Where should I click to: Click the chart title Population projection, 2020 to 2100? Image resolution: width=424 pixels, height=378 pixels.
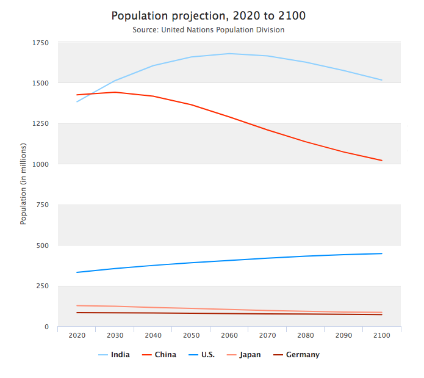209,15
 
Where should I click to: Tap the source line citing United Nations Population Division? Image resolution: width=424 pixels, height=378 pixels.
209,29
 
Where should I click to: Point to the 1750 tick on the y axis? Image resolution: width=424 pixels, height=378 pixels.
41,42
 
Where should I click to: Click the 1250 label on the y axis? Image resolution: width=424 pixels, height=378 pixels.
41,123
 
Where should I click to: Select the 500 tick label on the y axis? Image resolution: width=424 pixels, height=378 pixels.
43,245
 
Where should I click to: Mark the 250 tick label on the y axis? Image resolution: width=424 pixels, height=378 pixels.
43,286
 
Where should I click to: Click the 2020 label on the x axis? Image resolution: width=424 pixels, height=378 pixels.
77,336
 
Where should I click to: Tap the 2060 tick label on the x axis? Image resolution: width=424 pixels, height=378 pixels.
229,336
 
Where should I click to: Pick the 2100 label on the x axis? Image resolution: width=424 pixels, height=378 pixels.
382,336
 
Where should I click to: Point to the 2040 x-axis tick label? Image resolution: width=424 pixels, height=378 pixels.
153,336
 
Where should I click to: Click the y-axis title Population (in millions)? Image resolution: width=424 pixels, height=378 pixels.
24,184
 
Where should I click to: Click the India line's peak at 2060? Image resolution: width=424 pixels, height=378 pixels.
229,54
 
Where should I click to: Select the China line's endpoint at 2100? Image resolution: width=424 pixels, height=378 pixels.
382,161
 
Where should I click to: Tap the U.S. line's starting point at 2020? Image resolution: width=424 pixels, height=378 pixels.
77,272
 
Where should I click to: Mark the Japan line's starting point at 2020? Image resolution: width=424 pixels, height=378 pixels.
77,305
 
